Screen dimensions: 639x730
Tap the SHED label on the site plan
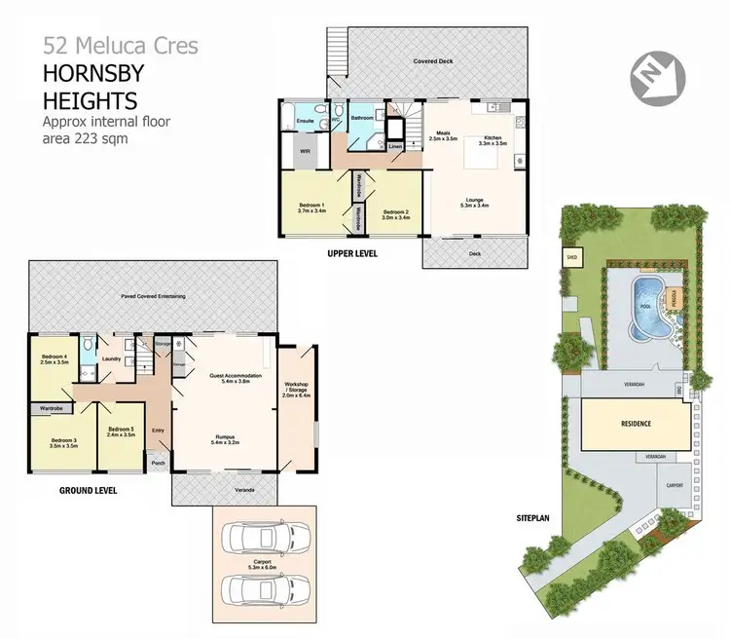[x=572, y=257]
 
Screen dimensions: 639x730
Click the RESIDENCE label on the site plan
[x=637, y=425]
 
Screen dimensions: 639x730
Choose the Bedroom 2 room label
[x=394, y=215]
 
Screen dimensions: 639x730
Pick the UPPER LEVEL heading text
[x=352, y=253]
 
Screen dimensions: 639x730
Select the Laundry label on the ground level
[x=111, y=359]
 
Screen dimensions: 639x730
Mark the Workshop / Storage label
[x=296, y=391]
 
